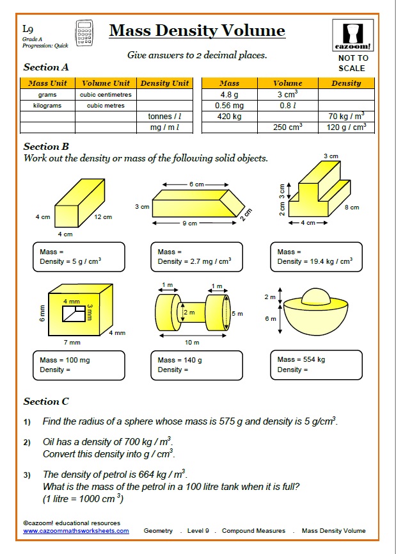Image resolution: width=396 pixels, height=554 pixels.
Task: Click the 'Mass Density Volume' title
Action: point(196,31)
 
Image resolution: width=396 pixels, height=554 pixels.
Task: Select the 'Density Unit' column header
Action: point(164,83)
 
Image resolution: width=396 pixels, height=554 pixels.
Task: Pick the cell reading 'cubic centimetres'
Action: point(106,95)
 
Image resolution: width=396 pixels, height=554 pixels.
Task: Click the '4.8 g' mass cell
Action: point(229,95)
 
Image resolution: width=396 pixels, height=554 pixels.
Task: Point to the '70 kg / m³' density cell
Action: point(346,117)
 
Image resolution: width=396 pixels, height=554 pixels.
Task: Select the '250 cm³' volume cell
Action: point(287,127)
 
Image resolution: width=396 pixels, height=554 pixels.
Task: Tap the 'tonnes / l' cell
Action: point(164,117)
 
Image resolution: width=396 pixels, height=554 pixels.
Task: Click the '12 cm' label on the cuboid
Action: point(103,217)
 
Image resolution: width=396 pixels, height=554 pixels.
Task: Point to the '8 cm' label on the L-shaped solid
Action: point(351,208)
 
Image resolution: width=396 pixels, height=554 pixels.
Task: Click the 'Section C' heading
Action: point(46,402)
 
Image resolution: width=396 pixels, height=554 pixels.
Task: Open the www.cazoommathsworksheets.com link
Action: point(76,531)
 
